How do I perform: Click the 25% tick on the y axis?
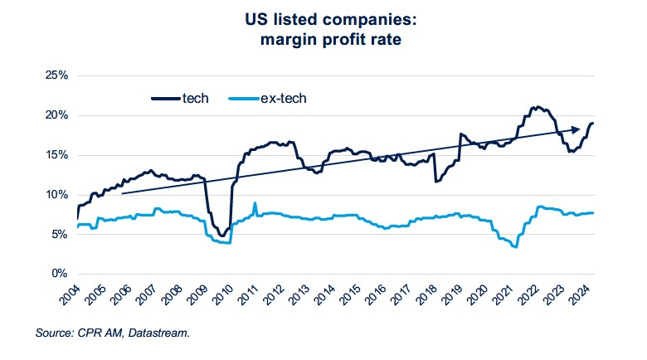tap(56, 75)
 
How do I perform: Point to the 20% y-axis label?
tap(56, 114)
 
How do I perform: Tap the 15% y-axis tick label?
tap(56, 154)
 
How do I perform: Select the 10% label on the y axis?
tap(56, 194)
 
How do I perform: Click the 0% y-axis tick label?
tap(59, 274)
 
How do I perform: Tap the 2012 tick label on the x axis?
tap(277, 295)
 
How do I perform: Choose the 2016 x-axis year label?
tap(381, 295)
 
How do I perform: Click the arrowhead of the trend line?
tap(574, 130)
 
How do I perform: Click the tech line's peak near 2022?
tap(538, 107)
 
